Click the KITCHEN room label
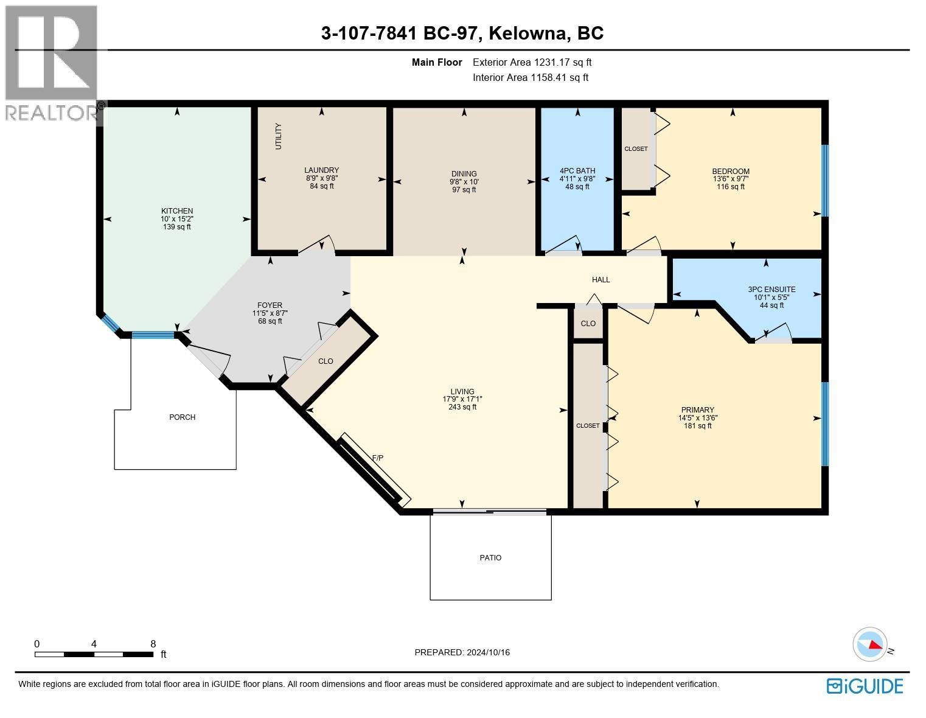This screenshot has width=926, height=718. point(176,211)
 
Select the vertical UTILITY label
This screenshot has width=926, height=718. point(279,136)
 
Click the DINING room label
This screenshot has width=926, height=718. point(464,174)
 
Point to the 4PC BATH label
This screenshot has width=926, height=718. point(577,171)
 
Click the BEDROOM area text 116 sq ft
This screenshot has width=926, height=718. point(730,187)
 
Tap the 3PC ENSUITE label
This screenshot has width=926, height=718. point(771,290)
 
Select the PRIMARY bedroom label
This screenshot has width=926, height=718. point(697,410)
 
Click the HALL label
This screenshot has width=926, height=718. point(601,280)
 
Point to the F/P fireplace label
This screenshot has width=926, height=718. point(377,458)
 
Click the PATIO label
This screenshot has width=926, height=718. point(490,558)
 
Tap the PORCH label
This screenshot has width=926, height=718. point(182,417)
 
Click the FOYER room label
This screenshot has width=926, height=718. point(270,305)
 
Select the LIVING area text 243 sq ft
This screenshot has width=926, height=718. point(462,407)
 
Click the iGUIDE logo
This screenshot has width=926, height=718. point(865,686)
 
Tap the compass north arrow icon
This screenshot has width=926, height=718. point(871,644)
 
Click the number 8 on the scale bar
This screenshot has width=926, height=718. point(153,644)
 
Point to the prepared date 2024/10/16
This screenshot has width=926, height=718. point(488,652)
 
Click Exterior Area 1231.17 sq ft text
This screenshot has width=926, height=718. point(532,62)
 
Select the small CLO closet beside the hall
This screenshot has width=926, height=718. point(588,324)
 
